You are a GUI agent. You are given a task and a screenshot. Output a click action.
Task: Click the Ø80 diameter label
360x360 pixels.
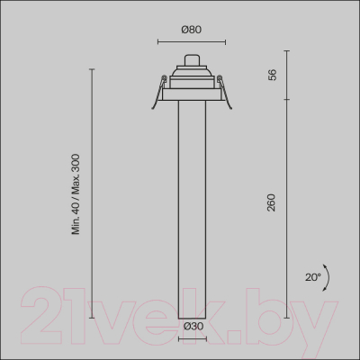(x=190, y=29)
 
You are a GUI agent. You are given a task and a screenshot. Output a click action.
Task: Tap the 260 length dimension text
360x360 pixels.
(x=271, y=203)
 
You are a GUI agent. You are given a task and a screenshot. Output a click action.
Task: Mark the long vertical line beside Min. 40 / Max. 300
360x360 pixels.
(x=92, y=192)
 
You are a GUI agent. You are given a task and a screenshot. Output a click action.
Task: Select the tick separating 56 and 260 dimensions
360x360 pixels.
(x=288, y=99)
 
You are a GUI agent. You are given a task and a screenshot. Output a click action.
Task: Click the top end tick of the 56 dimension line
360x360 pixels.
(x=288, y=67)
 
